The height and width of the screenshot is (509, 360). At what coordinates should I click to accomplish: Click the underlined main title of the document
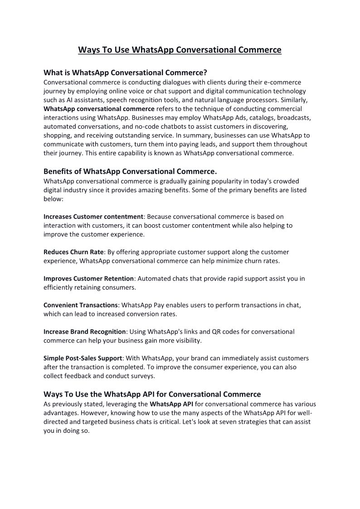pyautogui.click(x=180, y=49)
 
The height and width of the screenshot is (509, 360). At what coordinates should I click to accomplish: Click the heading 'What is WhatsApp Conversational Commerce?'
pyautogui.click(x=125, y=73)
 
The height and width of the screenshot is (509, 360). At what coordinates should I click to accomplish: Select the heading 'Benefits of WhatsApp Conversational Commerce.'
pyautogui.click(x=130, y=171)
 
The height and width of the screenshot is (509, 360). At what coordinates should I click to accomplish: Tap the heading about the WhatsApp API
pyautogui.click(x=152, y=394)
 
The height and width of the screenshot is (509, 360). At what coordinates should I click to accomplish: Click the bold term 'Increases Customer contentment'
pyautogui.click(x=93, y=217)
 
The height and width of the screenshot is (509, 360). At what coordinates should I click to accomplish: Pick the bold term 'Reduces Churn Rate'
pyautogui.click(x=73, y=252)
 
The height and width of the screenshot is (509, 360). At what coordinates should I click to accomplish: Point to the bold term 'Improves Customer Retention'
pyautogui.click(x=88, y=278)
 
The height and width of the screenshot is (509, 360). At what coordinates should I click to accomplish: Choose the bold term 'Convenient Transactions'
pyautogui.click(x=81, y=305)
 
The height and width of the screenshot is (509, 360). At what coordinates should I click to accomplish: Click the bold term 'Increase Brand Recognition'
pyautogui.click(x=84, y=332)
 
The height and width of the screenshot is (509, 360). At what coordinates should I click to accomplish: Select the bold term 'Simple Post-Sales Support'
pyautogui.click(x=83, y=358)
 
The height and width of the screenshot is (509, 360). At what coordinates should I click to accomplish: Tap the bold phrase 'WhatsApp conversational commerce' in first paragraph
pyautogui.click(x=99, y=109)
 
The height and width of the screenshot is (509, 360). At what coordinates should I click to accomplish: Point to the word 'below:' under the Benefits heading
pyautogui.click(x=54, y=199)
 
